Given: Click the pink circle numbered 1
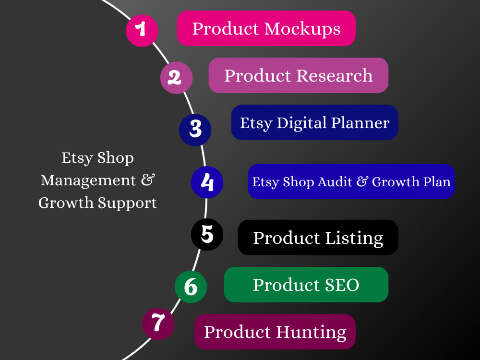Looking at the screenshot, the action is (142, 31).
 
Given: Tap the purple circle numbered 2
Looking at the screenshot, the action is (176, 78).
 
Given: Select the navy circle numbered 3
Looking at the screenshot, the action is (195, 130).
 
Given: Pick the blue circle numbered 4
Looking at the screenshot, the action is (207, 182).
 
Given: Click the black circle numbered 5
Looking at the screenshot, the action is (207, 235).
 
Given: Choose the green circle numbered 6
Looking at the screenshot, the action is (191, 287).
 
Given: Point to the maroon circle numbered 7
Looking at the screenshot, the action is (158, 324).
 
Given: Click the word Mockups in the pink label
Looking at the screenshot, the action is (302, 30).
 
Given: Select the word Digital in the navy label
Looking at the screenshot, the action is (301, 124).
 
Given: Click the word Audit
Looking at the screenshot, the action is (335, 182).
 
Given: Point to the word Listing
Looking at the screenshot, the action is (354, 239).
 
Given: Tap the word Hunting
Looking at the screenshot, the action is (312, 333).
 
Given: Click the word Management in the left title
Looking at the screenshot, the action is (88, 180).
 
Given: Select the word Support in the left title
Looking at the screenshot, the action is (127, 204).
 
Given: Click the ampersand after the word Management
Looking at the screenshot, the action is (148, 180).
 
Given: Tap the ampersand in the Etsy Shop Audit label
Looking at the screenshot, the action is (362, 181).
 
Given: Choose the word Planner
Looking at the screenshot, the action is (360, 123).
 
